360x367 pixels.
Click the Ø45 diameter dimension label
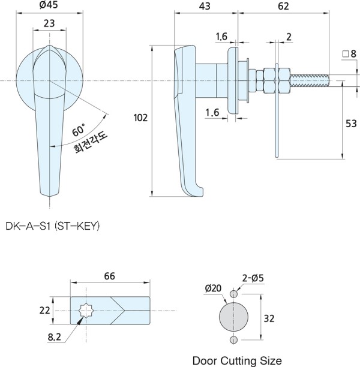(49, 5)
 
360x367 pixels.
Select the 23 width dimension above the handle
(49, 23)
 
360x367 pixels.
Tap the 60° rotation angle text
(79, 130)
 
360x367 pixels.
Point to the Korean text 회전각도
(91, 143)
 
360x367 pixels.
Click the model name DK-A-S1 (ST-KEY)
(53, 226)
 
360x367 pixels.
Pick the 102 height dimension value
(140, 118)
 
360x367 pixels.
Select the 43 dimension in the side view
(205, 7)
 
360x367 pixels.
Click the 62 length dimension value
(283, 7)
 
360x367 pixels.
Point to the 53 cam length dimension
(351, 124)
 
